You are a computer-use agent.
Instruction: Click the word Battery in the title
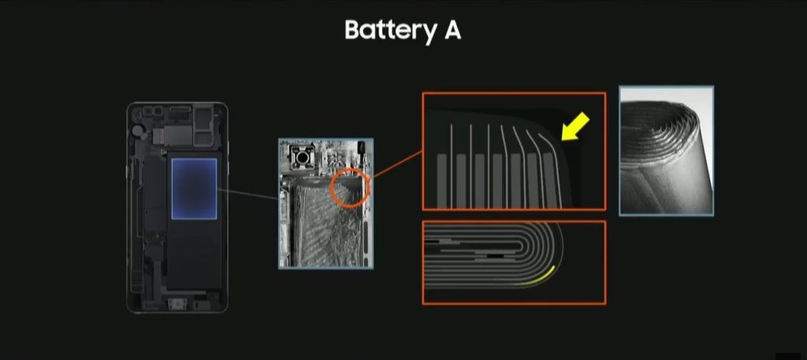[390, 31]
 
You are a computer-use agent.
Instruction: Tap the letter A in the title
[452, 30]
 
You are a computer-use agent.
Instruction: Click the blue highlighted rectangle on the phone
[194, 189]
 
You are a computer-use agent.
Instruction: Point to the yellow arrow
[575, 127]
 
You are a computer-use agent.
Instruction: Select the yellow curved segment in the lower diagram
[541, 278]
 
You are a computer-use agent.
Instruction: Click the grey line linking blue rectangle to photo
[247, 195]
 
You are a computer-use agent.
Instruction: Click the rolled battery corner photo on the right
[666, 150]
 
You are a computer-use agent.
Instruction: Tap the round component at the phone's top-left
[137, 131]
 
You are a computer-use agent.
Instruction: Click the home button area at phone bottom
[177, 306]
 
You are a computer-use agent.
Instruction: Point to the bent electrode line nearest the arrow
[552, 165]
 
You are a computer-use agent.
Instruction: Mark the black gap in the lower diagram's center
[494, 255]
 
